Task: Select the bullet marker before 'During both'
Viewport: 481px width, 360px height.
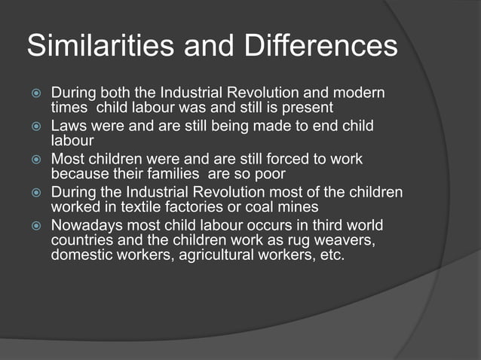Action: (x=34, y=94)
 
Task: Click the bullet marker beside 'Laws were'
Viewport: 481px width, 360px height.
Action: (x=34, y=127)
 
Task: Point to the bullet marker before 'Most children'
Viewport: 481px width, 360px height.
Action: (x=34, y=160)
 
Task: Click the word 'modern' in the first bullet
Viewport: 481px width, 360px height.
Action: (x=357, y=94)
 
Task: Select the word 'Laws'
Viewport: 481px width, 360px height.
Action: (x=67, y=127)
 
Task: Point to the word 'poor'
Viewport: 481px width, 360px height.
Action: (x=268, y=172)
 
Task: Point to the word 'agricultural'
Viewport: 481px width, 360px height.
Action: (x=216, y=254)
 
